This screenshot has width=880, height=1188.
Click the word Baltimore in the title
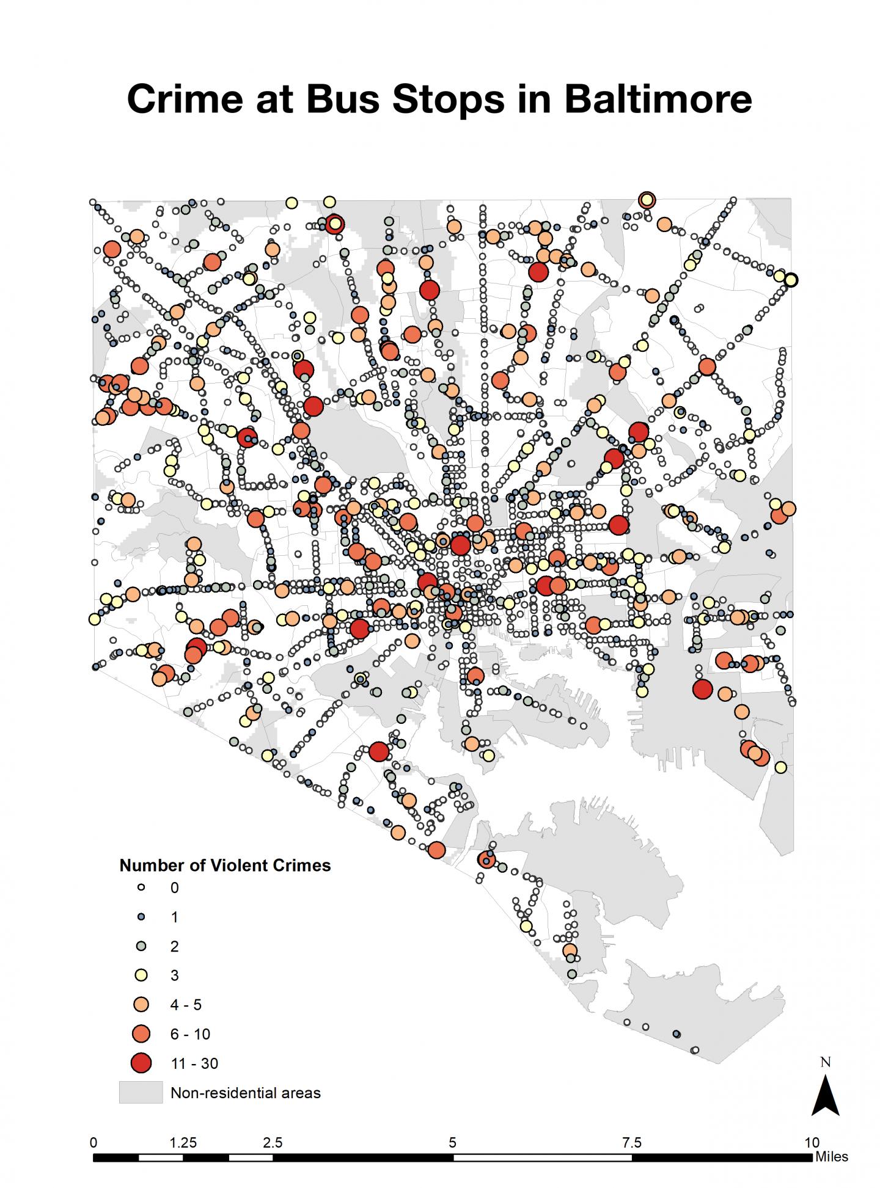pyautogui.click(x=658, y=98)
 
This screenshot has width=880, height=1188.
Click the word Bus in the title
pyautogui.click(x=342, y=98)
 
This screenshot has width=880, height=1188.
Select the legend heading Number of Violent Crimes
pyautogui.click(x=225, y=865)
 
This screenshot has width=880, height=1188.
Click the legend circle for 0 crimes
pyautogui.click(x=141, y=887)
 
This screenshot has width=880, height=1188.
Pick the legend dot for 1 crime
pyautogui.click(x=141, y=917)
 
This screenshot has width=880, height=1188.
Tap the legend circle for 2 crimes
pyautogui.click(x=141, y=946)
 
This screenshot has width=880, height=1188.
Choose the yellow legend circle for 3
pyautogui.click(x=141, y=975)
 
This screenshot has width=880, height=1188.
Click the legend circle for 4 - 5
pyautogui.click(x=141, y=1004)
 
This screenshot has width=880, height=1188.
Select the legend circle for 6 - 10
pyautogui.click(x=141, y=1033)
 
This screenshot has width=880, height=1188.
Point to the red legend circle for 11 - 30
pyautogui.click(x=141, y=1063)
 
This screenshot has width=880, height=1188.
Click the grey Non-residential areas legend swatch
pyautogui.click(x=141, y=1092)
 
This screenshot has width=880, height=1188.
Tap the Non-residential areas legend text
pyautogui.click(x=246, y=1093)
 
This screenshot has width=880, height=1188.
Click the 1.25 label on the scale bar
pyautogui.click(x=183, y=1142)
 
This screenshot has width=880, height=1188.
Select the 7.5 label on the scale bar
pyautogui.click(x=632, y=1142)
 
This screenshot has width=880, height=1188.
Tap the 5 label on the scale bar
pyautogui.click(x=452, y=1142)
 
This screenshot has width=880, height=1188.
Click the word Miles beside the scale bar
pyautogui.click(x=831, y=1157)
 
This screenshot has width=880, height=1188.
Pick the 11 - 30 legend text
pyautogui.click(x=194, y=1063)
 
